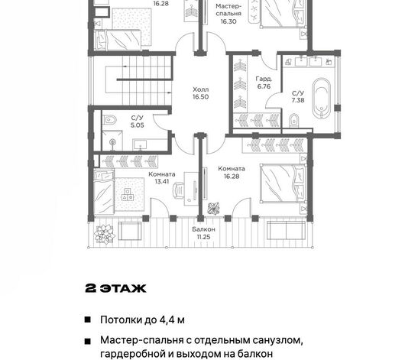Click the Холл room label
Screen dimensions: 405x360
201,89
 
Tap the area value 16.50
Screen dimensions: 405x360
201,97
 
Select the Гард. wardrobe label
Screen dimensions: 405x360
264,79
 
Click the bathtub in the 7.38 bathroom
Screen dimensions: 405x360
321,98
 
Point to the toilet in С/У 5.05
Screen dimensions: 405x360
110,120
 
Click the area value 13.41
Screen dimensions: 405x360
162,181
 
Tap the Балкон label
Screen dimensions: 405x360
203,229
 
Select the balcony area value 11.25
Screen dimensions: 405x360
203,237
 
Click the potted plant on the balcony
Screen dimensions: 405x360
104,234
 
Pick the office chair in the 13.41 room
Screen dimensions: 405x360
178,190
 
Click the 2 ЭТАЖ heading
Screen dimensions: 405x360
115,288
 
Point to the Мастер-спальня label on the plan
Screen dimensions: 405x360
228,10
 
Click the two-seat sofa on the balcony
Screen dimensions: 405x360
287,230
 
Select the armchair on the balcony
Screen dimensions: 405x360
130,231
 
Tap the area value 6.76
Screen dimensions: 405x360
264,86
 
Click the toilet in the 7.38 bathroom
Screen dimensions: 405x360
293,120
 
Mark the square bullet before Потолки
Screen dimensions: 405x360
88,320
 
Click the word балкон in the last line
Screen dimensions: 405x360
255,354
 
